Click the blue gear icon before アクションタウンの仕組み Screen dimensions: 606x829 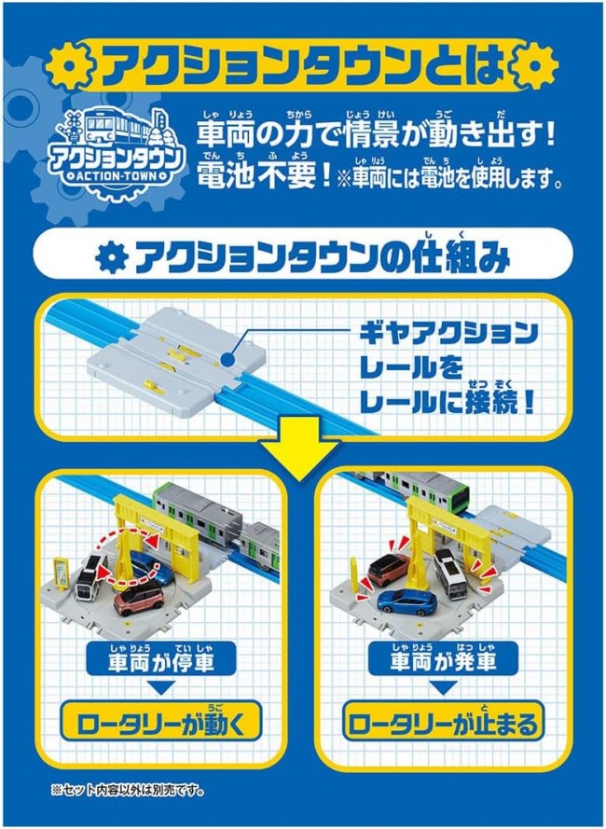(112, 258)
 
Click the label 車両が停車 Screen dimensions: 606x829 (159, 661)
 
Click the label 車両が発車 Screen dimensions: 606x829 (443, 661)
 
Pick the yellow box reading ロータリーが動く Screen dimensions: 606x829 (160, 722)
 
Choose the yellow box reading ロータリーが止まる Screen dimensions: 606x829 (443, 722)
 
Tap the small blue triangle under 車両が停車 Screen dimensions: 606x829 (160, 687)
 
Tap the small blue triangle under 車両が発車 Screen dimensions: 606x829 (443, 687)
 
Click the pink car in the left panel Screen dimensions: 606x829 (139, 598)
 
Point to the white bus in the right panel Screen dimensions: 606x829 (448, 573)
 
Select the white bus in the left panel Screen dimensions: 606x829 (90, 578)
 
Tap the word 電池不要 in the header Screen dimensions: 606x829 (257, 177)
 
